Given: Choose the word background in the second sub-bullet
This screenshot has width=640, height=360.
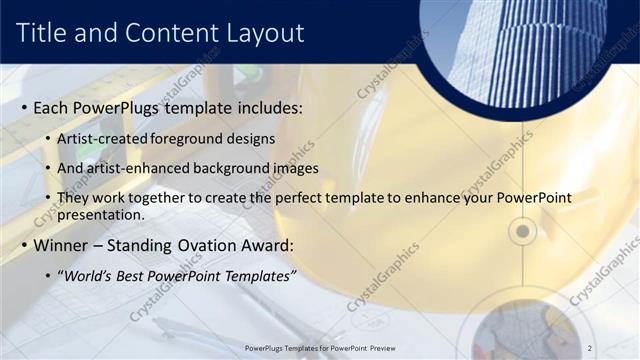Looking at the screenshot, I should [x=225, y=168].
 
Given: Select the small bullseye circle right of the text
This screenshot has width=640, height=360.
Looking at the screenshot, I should [x=522, y=232].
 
